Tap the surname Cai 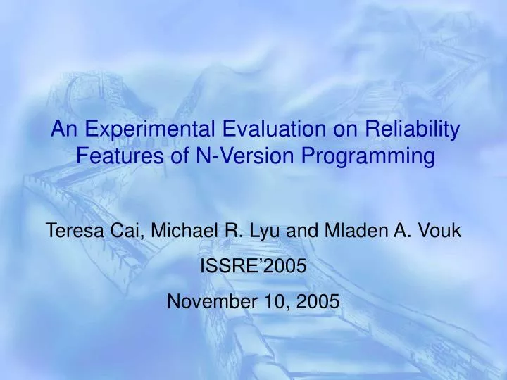125,230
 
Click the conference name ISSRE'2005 254,265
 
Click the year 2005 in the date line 318,300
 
